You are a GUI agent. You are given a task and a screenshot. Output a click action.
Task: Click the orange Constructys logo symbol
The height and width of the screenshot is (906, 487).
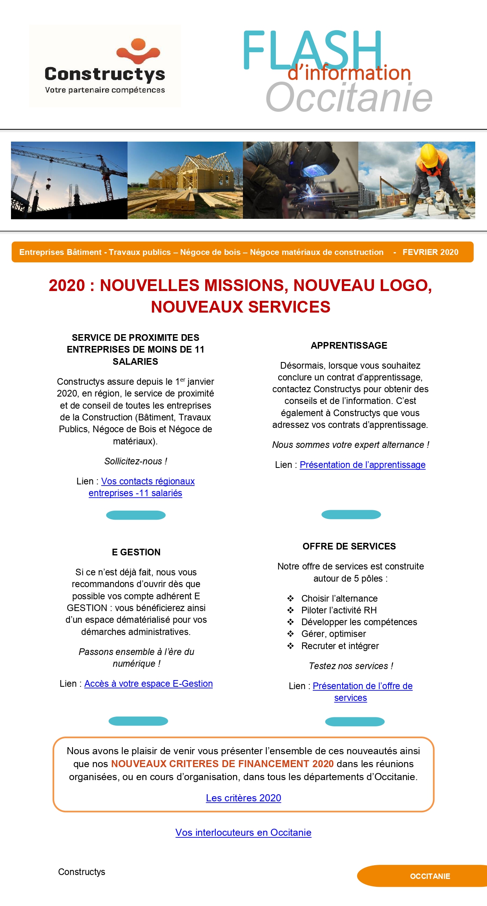pos(139,51)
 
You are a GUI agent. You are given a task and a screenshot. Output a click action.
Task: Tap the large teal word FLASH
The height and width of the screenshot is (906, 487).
pos(312,50)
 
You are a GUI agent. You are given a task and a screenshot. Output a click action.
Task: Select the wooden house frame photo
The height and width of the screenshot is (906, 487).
pos(185,180)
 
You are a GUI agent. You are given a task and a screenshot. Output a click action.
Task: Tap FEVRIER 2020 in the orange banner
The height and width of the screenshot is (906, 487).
pos(430,252)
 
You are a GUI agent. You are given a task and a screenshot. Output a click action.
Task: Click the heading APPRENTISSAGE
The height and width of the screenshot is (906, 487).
pos(349,346)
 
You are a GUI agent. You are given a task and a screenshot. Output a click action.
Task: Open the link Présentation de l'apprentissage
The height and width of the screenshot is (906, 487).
pos(362,465)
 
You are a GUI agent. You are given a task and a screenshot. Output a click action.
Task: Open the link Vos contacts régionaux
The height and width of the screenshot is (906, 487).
pos(148,481)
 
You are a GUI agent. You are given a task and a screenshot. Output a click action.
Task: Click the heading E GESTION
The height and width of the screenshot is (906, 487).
pos(136,552)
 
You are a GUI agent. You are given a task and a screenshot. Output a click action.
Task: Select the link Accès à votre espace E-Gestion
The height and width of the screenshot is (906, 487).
pos(148,684)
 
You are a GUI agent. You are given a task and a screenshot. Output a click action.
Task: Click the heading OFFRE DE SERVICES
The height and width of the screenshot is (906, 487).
pos(349,546)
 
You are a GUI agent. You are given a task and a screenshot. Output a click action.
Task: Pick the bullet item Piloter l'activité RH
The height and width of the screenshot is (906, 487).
pos(339,610)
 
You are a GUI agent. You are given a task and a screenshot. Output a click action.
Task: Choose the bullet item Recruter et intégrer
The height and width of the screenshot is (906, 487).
pos(340,646)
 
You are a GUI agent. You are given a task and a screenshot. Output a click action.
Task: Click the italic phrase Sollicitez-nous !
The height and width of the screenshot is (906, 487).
pos(136,461)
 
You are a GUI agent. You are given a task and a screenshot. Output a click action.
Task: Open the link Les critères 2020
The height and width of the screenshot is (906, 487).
pos(243,798)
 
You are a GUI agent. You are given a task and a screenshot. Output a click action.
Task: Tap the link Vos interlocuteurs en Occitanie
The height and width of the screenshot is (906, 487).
pos(243,832)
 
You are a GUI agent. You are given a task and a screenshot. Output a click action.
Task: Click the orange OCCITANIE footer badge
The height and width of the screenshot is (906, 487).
pos(430,876)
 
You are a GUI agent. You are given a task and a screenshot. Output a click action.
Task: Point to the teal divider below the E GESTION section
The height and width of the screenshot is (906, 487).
pos(138,721)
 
